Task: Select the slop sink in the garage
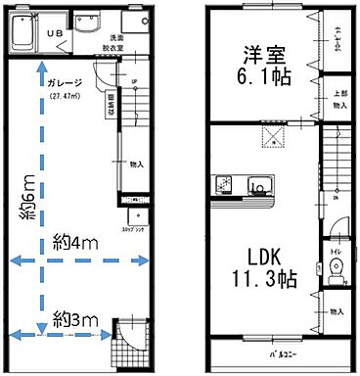[x=131, y=217]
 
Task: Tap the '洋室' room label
[x=260, y=55]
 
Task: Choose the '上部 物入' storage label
[x=339, y=99]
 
